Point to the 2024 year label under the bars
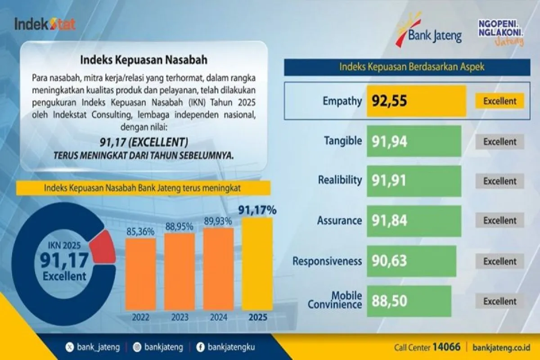tap(218, 317)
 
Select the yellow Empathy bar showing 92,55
tap(416, 100)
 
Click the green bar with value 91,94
tap(414, 141)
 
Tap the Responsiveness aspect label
tap(327, 261)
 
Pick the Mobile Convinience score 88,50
tap(390, 301)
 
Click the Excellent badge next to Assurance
tap(499, 220)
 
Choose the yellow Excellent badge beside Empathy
tap(499, 101)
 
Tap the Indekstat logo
tap(45, 24)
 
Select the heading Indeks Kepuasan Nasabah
tap(144, 59)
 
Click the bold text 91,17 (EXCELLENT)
tap(144, 143)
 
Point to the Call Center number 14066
tap(446, 347)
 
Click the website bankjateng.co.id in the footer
tap(502, 347)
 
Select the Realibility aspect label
tap(340, 180)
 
